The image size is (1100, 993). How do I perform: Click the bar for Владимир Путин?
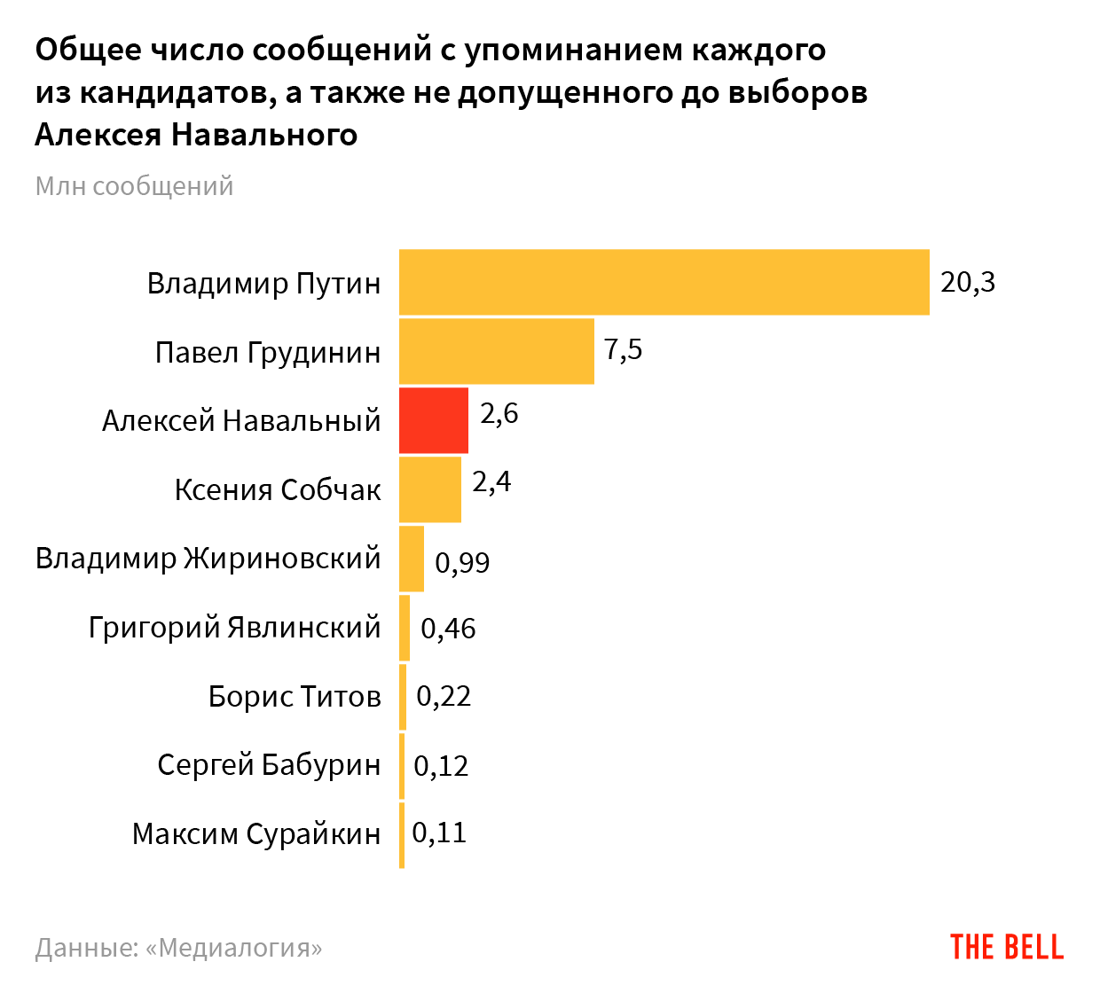coord(664,282)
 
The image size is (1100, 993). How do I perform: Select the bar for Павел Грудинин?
coord(496,351)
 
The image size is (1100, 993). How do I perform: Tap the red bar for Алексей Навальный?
coord(433,420)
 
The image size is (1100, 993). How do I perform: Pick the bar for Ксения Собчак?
coord(429,489)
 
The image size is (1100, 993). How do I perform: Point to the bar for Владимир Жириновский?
coord(412,559)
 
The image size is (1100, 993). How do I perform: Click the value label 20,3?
coord(968,282)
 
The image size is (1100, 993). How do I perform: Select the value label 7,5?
coord(623,349)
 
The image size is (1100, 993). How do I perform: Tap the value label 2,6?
coord(499,413)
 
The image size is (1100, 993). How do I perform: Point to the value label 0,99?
coord(462,562)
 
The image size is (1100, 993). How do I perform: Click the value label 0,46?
coord(448,629)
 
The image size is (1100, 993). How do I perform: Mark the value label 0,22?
coord(444,696)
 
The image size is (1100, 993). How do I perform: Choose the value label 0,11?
coord(439,833)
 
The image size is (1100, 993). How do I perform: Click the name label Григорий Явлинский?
coord(234,628)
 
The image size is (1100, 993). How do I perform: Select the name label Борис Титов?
coord(295,697)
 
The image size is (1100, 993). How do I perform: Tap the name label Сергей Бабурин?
coord(269,764)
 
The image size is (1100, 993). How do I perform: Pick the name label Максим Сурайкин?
coord(256,833)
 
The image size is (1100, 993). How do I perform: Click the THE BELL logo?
coord(1007,947)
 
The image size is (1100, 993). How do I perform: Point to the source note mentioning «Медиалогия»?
coord(178,948)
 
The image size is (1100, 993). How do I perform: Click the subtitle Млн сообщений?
coord(134,186)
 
